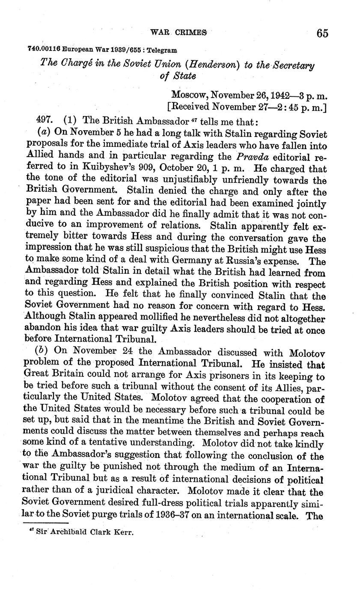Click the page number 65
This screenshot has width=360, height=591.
[x=322, y=33]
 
